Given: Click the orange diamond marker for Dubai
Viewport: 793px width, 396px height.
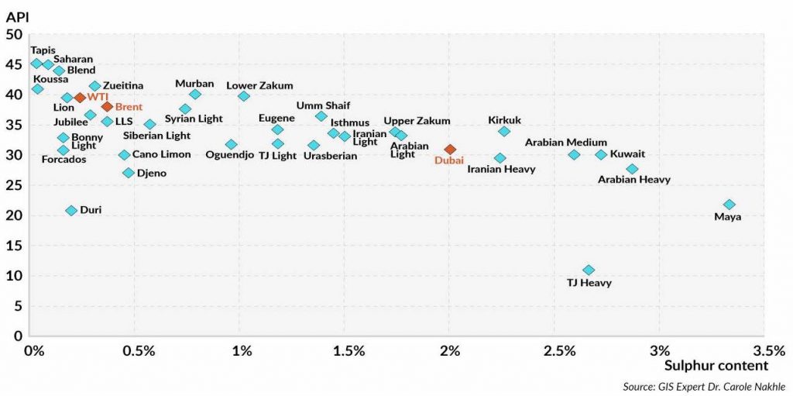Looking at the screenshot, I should pos(450,149).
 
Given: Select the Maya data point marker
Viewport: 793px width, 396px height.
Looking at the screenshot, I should pos(729,205).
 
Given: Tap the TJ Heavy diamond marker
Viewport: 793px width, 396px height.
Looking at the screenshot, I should pos(589,270).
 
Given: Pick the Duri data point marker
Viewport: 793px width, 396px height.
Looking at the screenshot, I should pos(71,210).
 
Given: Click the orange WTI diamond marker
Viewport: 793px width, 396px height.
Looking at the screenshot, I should pos(79,98).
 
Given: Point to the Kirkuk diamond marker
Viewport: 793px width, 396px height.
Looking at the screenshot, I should pos(504,132).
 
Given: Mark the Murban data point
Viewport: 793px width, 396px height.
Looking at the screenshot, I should pos(195,94).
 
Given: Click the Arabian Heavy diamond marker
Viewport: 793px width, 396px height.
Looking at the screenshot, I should pos(632,169).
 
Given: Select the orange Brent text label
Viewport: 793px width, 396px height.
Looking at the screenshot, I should pos(129,106).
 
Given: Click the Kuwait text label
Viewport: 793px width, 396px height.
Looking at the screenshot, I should pos(627,153).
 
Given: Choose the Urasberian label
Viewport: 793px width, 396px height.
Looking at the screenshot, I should pos(330,156).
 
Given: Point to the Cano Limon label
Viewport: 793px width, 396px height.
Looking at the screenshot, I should pos(161,154).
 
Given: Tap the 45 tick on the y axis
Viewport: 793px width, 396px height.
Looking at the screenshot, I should pos(14,64).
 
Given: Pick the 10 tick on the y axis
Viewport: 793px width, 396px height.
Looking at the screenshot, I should pos(14,276).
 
